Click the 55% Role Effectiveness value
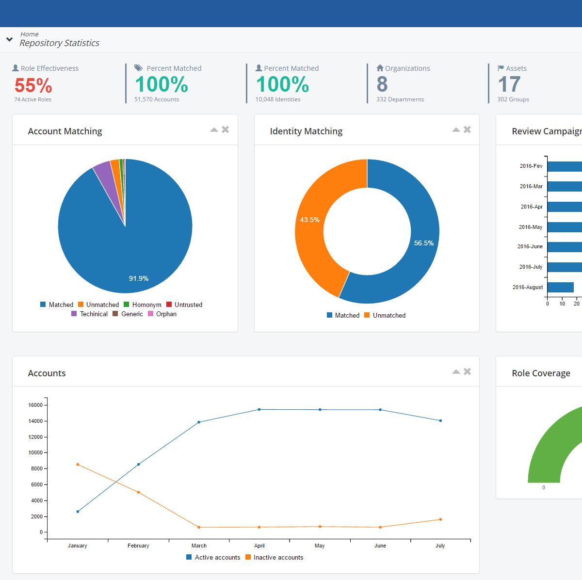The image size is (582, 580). coord(33,86)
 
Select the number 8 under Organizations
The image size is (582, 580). coord(382,84)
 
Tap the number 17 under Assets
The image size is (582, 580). coord(509,84)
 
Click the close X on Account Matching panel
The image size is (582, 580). coord(225,129)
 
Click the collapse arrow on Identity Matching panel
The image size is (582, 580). coord(456,129)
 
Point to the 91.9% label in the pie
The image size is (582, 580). coord(139,278)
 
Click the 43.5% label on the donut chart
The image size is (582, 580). coord(309,220)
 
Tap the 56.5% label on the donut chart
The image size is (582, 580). coord(423,243)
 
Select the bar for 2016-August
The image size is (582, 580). coord(560,287)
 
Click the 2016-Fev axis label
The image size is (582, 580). coord(531,166)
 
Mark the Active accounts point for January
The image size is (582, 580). coord(78,511)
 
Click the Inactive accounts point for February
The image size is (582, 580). coord(139,492)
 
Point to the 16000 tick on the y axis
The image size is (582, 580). coord(35,405)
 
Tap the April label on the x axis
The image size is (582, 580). coord(259,546)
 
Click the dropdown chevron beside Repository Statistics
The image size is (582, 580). coord(9,39)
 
